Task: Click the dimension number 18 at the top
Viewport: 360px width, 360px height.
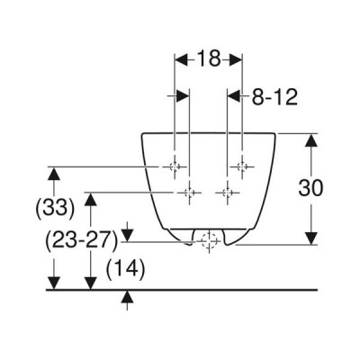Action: pyautogui.click(x=209, y=58)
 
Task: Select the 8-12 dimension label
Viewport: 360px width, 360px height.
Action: pyautogui.click(x=274, y=97)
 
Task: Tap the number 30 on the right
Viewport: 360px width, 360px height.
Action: pyautogui.click(x=310, y=188)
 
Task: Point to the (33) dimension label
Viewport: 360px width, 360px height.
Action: pyautogui.click(x=55, y=208)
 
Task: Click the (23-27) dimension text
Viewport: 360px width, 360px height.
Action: pyautogui.click(x=81, y=241)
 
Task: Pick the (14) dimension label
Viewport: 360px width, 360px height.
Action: pyautogui.click(x=125, y=269)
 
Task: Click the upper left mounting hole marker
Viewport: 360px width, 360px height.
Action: pyautogui.click(x=175, y=166)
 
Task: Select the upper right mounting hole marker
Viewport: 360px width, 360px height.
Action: pyautogui.click(x=242, y=166)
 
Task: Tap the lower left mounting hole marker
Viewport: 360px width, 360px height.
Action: pyautogui.click(x=189, y=193)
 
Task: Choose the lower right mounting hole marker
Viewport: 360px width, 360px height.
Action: pyautogui.click(x=227, y=193)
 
